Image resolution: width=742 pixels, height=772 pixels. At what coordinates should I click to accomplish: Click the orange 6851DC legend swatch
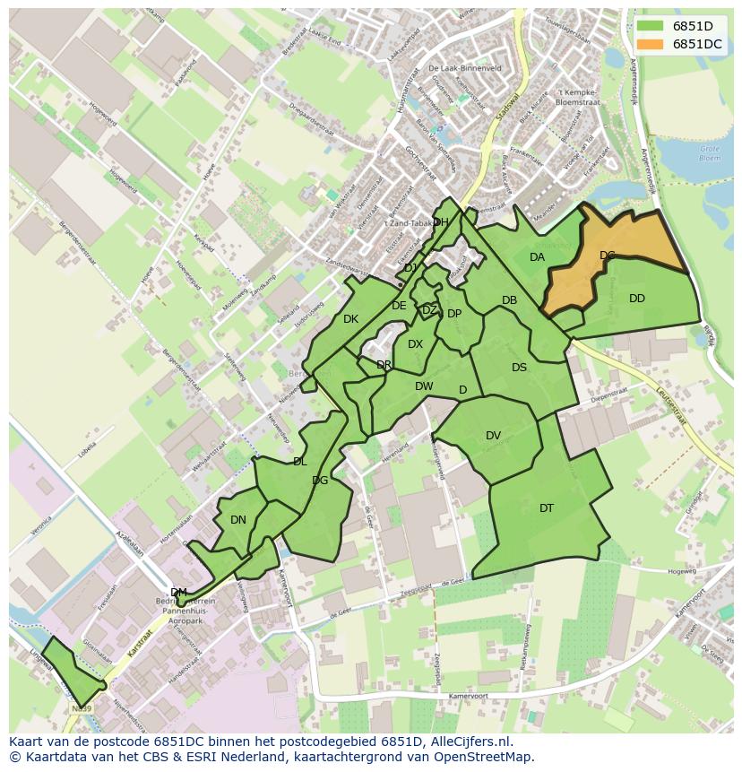tap(651, 44)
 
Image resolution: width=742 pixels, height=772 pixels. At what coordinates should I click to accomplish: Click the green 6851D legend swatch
tap(651, 25)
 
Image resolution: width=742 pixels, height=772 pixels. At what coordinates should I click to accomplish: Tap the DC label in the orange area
tap(608, 256)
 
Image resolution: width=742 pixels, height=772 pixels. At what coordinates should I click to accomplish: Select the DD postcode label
tap(636, 299)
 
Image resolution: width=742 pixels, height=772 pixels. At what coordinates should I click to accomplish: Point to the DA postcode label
tap(537, 257)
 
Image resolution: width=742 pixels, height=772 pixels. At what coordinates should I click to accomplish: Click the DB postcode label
tap(509, 300)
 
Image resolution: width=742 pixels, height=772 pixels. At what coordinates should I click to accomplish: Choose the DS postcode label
tap(519, 367)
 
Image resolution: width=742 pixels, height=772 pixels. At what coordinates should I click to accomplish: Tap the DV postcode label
tap(493, 436)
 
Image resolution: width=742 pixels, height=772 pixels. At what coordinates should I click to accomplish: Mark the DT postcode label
tap(547, 508)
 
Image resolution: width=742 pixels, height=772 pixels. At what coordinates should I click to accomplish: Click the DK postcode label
tap(350, 318)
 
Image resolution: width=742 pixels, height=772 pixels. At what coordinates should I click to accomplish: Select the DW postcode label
tap(424, 386)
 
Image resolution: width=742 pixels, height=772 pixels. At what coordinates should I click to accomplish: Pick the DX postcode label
tap(415, 344)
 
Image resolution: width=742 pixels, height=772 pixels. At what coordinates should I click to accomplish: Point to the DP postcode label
tap(454, 314)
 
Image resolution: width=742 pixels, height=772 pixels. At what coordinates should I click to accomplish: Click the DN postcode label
tap(237, 519)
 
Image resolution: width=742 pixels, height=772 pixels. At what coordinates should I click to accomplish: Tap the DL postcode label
tap(299, 462)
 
